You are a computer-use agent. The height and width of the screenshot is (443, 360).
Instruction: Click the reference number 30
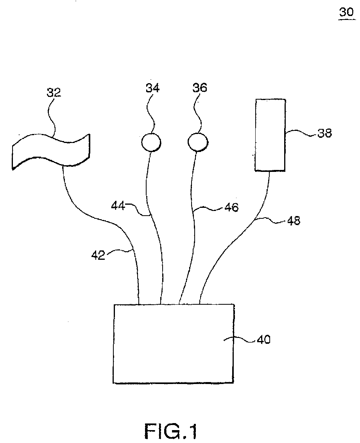346,12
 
